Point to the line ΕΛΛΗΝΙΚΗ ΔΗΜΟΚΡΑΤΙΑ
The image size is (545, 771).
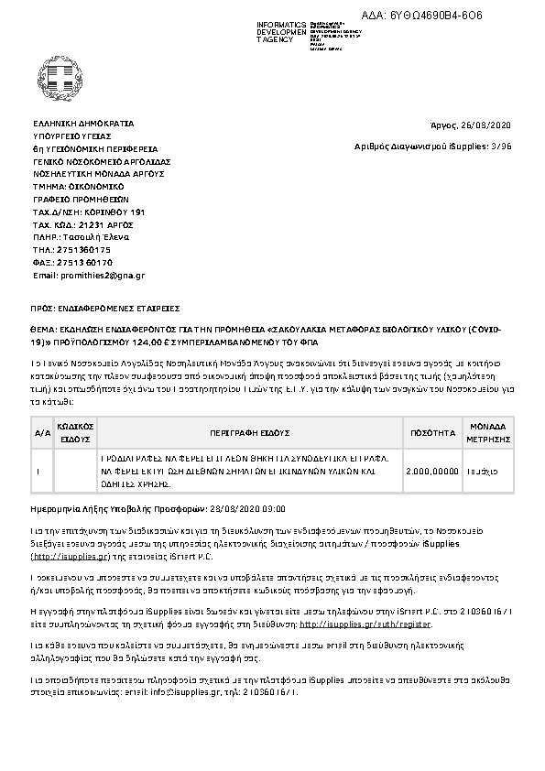coord(83,122)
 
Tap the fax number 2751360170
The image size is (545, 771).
coord(86,262)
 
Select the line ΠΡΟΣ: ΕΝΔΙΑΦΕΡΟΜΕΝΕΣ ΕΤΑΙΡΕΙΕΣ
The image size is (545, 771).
coord(106,308)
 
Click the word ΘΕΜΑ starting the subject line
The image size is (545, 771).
coord(44,327)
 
